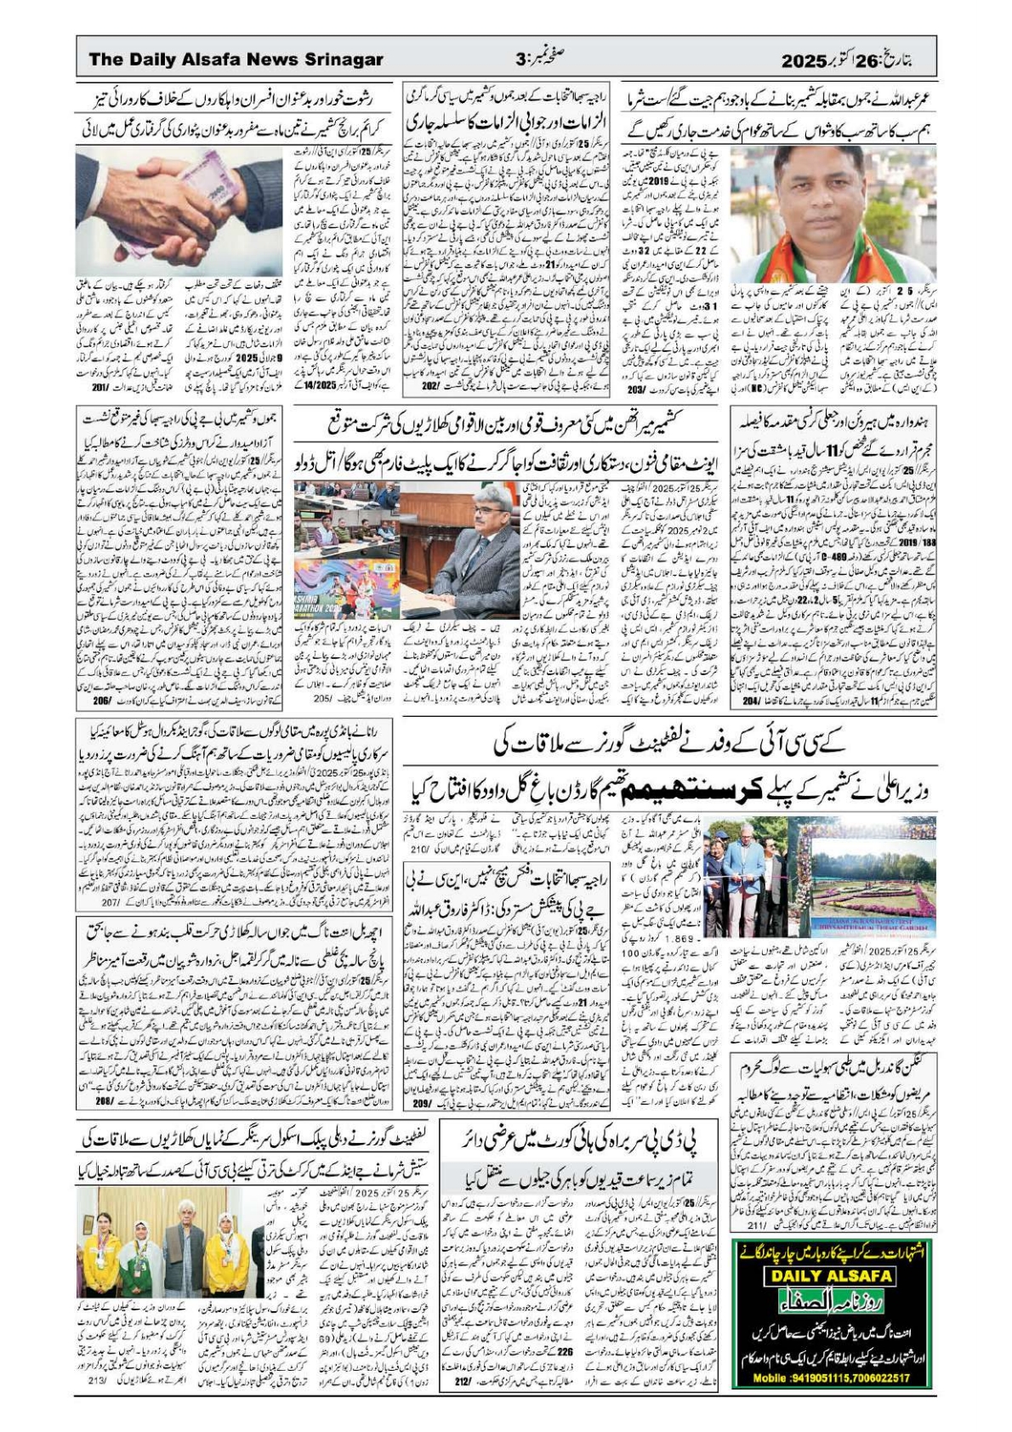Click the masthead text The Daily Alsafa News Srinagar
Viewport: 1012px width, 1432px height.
tap(236, 60)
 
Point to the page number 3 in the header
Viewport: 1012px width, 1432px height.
tap(520, 60)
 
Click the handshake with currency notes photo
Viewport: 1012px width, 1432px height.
tap(179, 204)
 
